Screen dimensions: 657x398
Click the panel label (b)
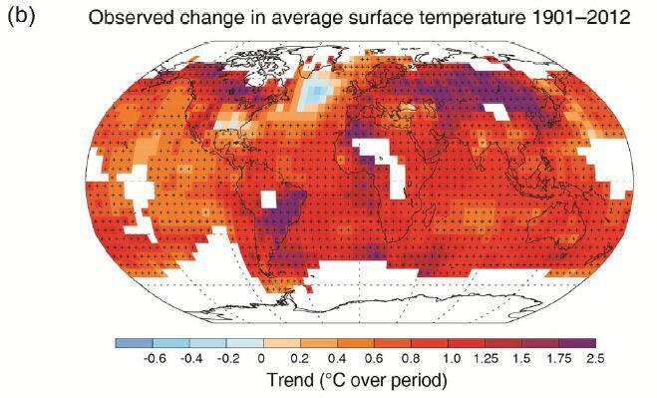tap(21, 16)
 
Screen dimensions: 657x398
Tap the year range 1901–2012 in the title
tap(578, 18)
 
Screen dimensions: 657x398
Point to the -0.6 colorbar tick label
tap(155, 359)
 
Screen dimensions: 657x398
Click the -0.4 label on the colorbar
tap(191, 359)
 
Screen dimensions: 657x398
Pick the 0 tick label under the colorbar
tap(261, 359)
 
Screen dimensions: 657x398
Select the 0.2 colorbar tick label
tap(300, 359)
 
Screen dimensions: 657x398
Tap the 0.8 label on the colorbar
tap(410, 359)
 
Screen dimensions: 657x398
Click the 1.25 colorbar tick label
tap(487, 359)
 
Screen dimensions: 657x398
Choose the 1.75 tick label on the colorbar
tap(559, 359)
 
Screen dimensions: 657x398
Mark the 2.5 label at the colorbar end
tap(595, 359)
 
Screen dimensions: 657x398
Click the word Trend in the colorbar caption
tap(290, 380)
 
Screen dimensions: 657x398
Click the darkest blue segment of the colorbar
tap(134, 343)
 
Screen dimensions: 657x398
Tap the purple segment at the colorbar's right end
tap(577, 343)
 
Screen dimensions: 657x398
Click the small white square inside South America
tap(268, 199)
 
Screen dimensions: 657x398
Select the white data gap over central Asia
tap(497, 112)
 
